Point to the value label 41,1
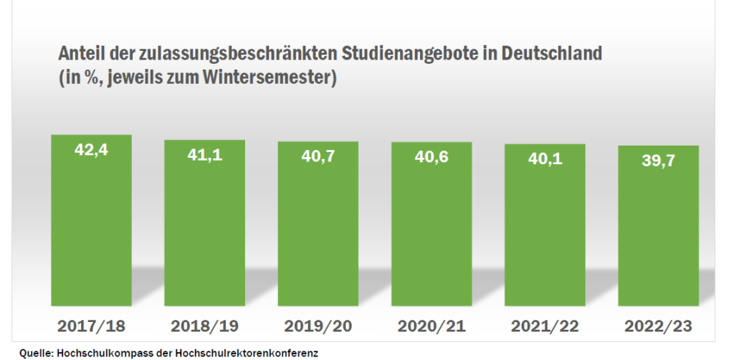pos(204,154)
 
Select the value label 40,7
pos(318,156)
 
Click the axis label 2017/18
pos(91,326)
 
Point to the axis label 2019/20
pos(318,326)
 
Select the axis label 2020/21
pos(432,326)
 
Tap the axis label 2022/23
pos(658,326)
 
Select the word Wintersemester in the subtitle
pos(271,77)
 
